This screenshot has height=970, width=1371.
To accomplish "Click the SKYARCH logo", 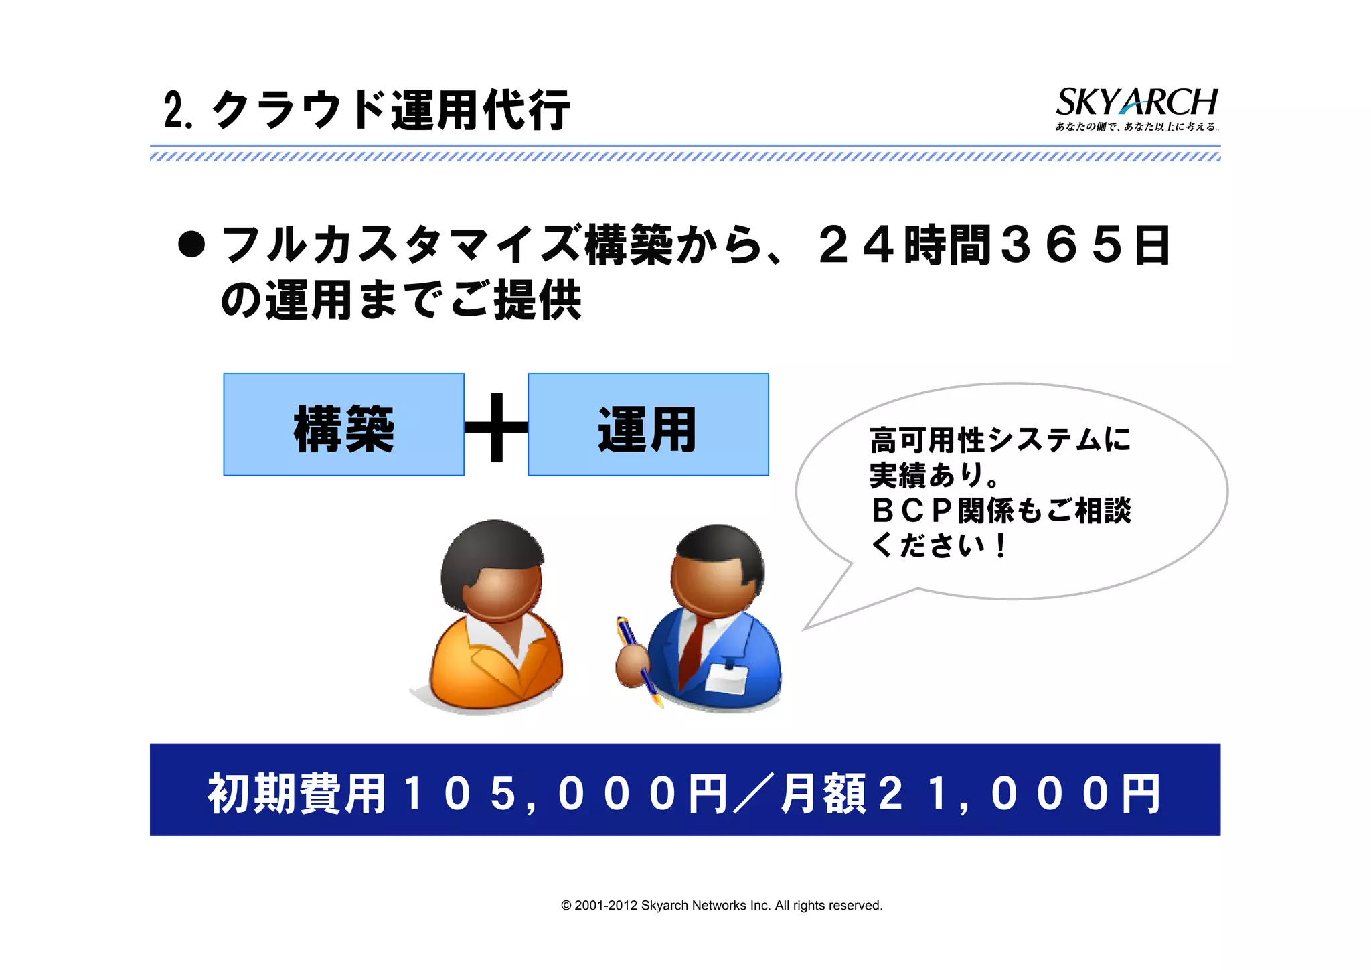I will coord(1136,102).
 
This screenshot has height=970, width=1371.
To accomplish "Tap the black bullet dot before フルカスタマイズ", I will coord(191,245).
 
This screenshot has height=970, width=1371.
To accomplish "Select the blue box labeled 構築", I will coord(343,425).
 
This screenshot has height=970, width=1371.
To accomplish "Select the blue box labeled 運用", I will coord(648,425).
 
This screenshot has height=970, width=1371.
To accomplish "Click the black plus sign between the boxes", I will coord(496,427).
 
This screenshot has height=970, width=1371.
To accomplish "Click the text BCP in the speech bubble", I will coord(912,510).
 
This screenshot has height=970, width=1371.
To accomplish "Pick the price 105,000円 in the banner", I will coord(566,794).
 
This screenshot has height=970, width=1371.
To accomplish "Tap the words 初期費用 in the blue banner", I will coord(297,794).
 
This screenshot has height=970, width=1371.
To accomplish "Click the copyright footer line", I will coord(722,906).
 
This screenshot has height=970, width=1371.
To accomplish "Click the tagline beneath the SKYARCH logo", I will coord(1137,127).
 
